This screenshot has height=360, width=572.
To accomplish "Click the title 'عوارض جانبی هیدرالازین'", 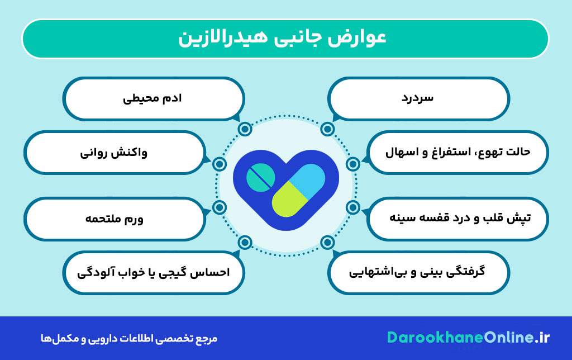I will click(285, 39).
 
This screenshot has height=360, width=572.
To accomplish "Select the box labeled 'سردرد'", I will click(418, 98).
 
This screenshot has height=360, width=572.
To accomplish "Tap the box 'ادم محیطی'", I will click(153, 98).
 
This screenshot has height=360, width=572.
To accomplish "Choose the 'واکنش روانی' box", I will click(114, 152).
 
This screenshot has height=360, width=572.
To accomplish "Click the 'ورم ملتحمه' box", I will click(114, 219).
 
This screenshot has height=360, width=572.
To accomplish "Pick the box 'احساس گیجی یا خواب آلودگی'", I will click(153, 272).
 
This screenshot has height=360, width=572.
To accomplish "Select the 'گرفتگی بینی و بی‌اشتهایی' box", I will click(418, 272).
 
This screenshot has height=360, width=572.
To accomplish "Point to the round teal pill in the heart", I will click(260, 177).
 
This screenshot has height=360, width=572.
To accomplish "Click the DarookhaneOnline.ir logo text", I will click(468, 338).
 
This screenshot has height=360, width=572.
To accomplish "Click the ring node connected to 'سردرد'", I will click(327, 129).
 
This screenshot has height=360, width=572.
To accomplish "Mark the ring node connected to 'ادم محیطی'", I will click(244, 129).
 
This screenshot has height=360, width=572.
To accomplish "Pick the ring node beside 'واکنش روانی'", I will click(220, 164).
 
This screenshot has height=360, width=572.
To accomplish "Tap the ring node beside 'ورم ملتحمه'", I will click(220, 207).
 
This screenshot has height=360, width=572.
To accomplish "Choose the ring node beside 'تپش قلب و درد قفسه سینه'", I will click(352, 207).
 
